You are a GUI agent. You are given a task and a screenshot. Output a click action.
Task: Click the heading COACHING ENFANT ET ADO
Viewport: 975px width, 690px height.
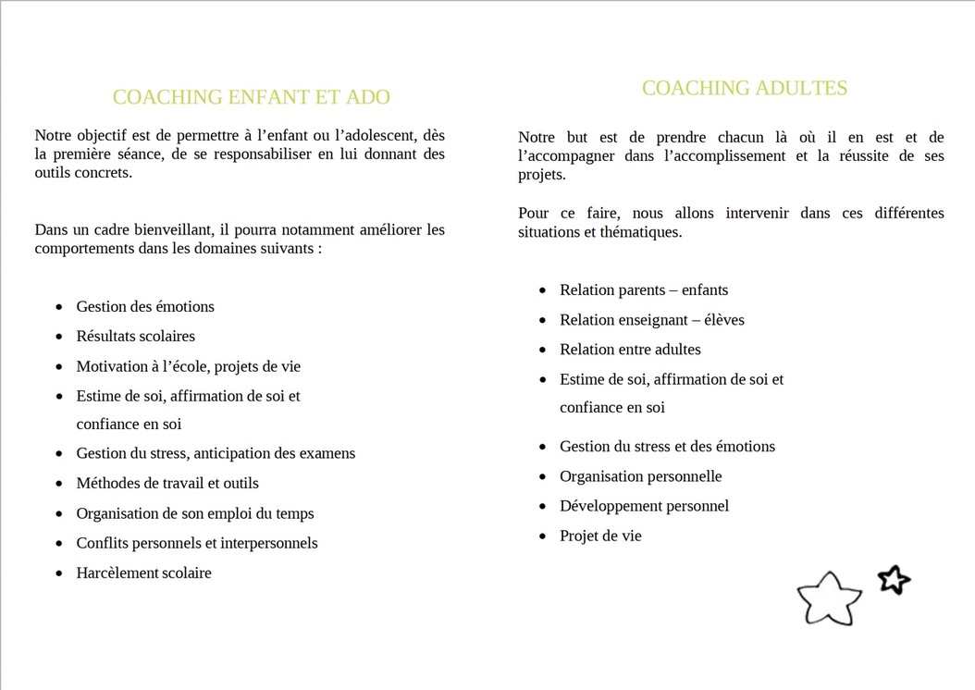(x=251, y=97)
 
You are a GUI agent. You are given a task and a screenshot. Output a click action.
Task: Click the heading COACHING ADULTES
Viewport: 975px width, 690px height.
(x=745, y=88)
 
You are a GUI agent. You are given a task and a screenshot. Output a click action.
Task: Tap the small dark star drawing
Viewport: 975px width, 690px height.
(x=894, y=580)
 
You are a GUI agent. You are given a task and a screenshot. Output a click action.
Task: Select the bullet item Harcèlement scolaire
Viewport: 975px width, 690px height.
(x=143, y=573)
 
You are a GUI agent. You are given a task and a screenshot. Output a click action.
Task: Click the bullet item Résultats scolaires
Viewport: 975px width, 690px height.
(x=135, y=336)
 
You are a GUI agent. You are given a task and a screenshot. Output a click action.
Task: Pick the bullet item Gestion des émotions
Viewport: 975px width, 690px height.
(x=144, y=306)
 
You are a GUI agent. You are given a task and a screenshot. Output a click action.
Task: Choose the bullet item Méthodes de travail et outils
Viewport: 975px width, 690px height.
(x=167, y=483)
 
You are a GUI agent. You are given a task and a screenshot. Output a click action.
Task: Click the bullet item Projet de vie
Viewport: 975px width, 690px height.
(x=600, y=536)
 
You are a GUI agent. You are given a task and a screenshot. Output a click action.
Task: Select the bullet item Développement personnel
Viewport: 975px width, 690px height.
(x=644, y=506)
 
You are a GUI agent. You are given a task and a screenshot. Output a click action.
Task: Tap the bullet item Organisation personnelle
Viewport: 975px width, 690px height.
(x=640, y=476)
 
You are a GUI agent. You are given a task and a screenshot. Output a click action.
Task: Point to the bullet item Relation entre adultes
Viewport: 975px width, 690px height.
(x=630, y=350)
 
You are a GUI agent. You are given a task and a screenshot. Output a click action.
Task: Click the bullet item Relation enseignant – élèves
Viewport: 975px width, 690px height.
(x=651, y=320)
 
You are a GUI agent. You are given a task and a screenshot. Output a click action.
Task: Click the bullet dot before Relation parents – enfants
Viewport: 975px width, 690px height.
(x=543, y=290)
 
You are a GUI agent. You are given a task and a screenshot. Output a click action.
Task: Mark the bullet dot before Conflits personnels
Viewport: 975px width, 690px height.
(x=59, y=544)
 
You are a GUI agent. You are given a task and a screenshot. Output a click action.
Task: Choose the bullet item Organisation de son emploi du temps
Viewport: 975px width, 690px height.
(x=194, y=513)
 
